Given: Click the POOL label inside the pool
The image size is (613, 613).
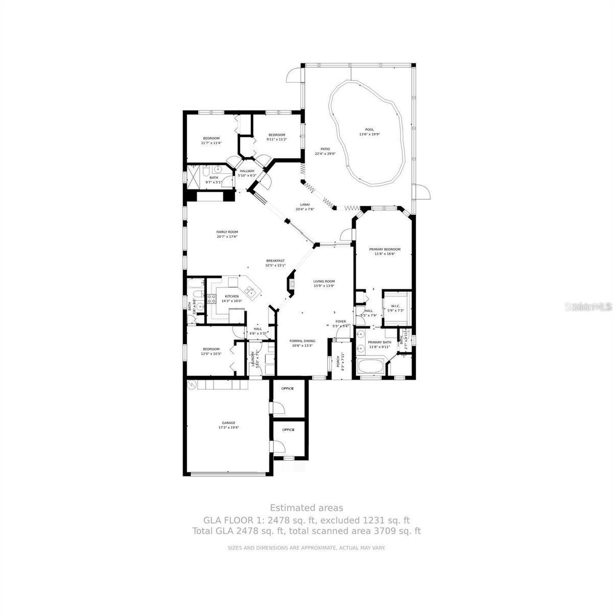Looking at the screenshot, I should [369, 129].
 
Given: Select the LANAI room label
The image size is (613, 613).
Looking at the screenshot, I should [304, 204].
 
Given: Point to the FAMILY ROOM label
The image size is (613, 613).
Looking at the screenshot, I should [227, 231].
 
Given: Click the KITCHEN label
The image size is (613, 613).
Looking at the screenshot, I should [231, 296].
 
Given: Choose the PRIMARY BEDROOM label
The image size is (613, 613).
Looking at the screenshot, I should [385, 249].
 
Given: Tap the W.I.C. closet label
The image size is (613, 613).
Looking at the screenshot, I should [396, 306].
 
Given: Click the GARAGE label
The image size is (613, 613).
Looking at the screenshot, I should [228, 422].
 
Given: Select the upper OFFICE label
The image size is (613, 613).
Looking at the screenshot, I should [288, 388].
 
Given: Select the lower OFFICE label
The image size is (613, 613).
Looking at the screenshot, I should [288, 430].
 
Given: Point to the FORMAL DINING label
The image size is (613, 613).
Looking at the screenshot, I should [302, 341].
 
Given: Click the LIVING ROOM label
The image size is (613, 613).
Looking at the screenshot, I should [324, 281].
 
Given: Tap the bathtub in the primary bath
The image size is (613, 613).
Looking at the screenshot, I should [369, 366].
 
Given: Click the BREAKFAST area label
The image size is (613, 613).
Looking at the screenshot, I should [275, 261].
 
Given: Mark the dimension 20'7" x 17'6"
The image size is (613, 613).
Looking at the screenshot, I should [227, 237].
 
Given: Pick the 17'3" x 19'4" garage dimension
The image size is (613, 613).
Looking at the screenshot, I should [228, 428].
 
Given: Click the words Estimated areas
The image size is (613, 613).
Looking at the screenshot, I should [306, 508].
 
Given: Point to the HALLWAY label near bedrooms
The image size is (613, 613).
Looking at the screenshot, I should [247, 171].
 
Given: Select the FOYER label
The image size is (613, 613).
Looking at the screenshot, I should [341, 321].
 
